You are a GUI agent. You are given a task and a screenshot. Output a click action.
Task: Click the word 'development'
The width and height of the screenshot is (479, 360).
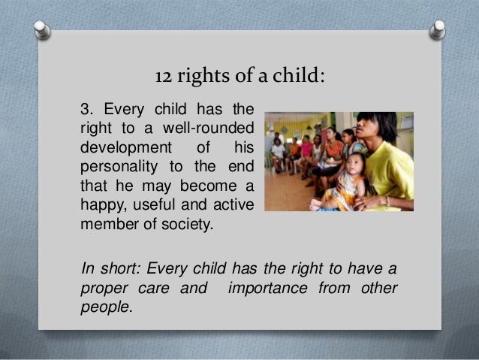(116, 145)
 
